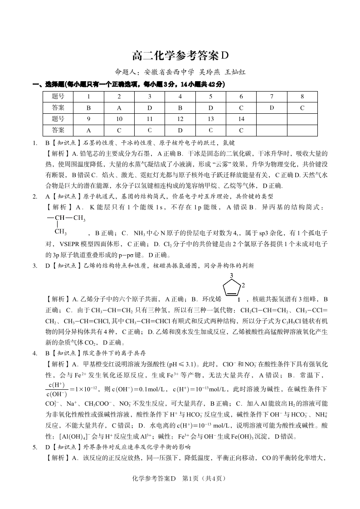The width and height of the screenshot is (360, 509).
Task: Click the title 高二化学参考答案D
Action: coord(180,56)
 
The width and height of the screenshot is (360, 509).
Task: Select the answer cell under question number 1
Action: coord(89,108)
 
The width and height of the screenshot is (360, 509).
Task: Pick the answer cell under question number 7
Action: coord(272,108)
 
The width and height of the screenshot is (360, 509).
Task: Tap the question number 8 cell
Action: coord(302,97)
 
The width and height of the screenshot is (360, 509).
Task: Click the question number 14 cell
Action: coord(241,119)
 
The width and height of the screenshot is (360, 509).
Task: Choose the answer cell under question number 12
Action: coord(180,130)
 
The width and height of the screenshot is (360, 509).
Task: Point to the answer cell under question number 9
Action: coord(89,130)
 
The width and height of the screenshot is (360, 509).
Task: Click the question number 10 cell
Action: coord(119,119)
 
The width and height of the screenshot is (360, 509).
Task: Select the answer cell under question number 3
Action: coord(150,108)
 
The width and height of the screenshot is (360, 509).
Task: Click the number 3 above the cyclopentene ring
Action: coord(232,276)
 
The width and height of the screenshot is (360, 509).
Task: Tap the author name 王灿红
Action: coord(235,72)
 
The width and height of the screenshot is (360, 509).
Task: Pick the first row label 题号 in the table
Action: coord(58,97)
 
